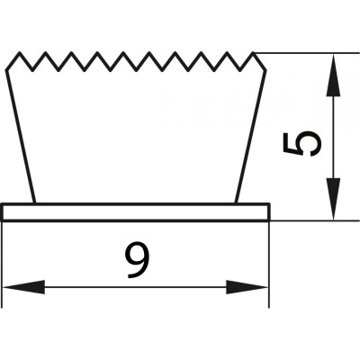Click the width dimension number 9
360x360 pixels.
pos(138,260)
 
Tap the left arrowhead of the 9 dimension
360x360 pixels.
pos(23,287)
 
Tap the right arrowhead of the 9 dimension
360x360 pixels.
pos(247,287)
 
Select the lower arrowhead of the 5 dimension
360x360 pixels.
pos(333,199)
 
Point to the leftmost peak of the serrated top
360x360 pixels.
pos(20,53)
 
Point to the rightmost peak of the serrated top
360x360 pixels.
pos(253,53)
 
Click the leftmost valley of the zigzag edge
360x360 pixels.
pos(32,71)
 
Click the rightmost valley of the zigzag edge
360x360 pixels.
pos(240,71)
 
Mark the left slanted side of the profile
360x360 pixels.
pos(21,137)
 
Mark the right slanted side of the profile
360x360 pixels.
pos(251,137)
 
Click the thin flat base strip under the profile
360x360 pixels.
pos(136,212)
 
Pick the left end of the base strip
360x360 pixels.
pos(3,212)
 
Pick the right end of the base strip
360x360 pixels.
pos(269,212)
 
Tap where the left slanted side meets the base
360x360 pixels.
pos(35,203)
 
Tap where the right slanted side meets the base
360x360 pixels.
pos(236,203)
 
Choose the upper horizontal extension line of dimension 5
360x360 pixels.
pos(307,53)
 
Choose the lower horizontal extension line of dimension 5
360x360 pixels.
pos(315,220)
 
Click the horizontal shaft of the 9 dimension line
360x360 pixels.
pos(135,287)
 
